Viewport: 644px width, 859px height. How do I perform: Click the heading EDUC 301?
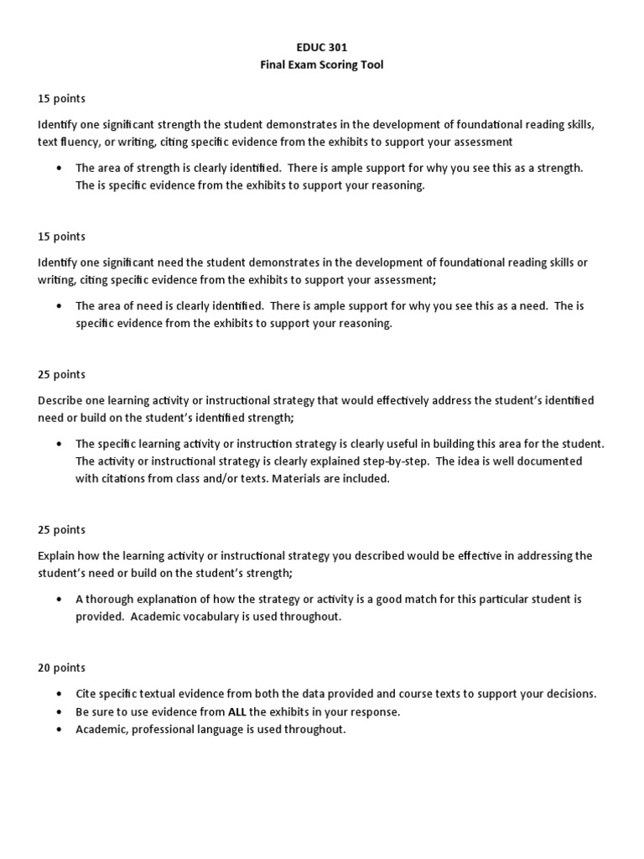coord(321,48)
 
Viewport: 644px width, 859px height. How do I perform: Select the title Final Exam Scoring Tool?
coord(321,65)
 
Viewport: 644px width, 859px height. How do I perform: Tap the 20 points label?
coord(61,668)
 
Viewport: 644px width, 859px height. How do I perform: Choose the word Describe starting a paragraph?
coord(60,400)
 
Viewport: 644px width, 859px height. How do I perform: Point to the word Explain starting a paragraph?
coord(57,555)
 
